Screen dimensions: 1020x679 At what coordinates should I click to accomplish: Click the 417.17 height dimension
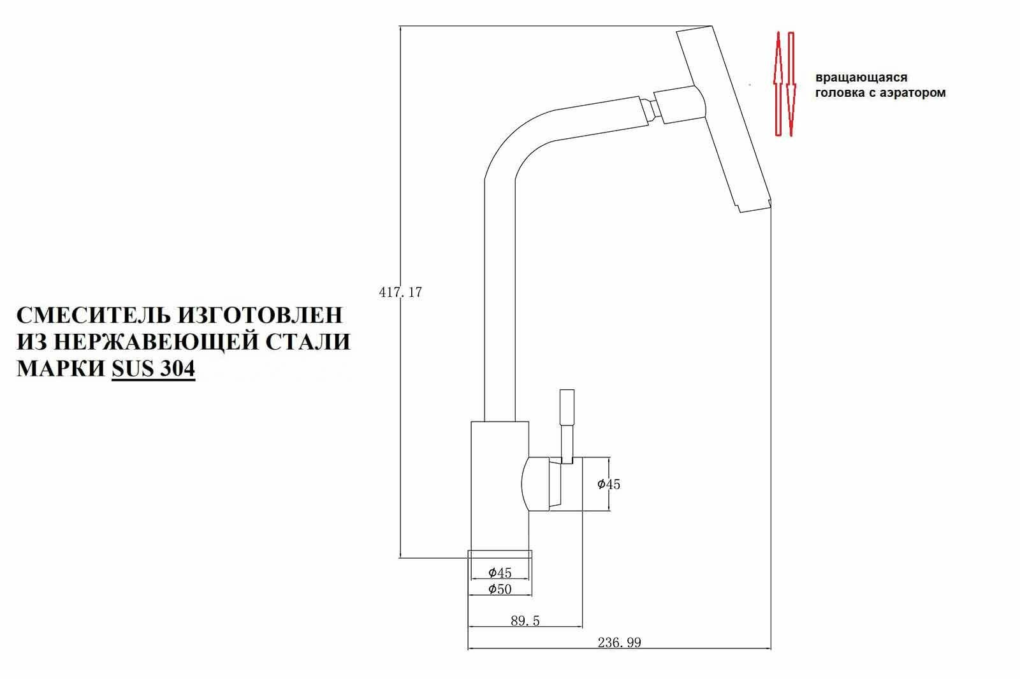400,293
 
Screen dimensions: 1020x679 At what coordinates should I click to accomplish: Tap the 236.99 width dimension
619,643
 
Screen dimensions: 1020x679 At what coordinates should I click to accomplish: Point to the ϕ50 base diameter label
500,589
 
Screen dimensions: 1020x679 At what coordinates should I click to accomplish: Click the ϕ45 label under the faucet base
500,573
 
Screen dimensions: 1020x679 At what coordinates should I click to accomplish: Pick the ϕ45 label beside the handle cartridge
608,484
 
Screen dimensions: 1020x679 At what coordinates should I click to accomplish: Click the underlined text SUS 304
153,369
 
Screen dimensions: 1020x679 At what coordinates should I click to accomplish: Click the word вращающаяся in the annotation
861,78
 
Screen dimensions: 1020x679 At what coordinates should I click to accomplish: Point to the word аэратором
915,93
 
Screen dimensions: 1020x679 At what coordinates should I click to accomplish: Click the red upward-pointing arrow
778,83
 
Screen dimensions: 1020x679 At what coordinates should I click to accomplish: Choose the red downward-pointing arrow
791,83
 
